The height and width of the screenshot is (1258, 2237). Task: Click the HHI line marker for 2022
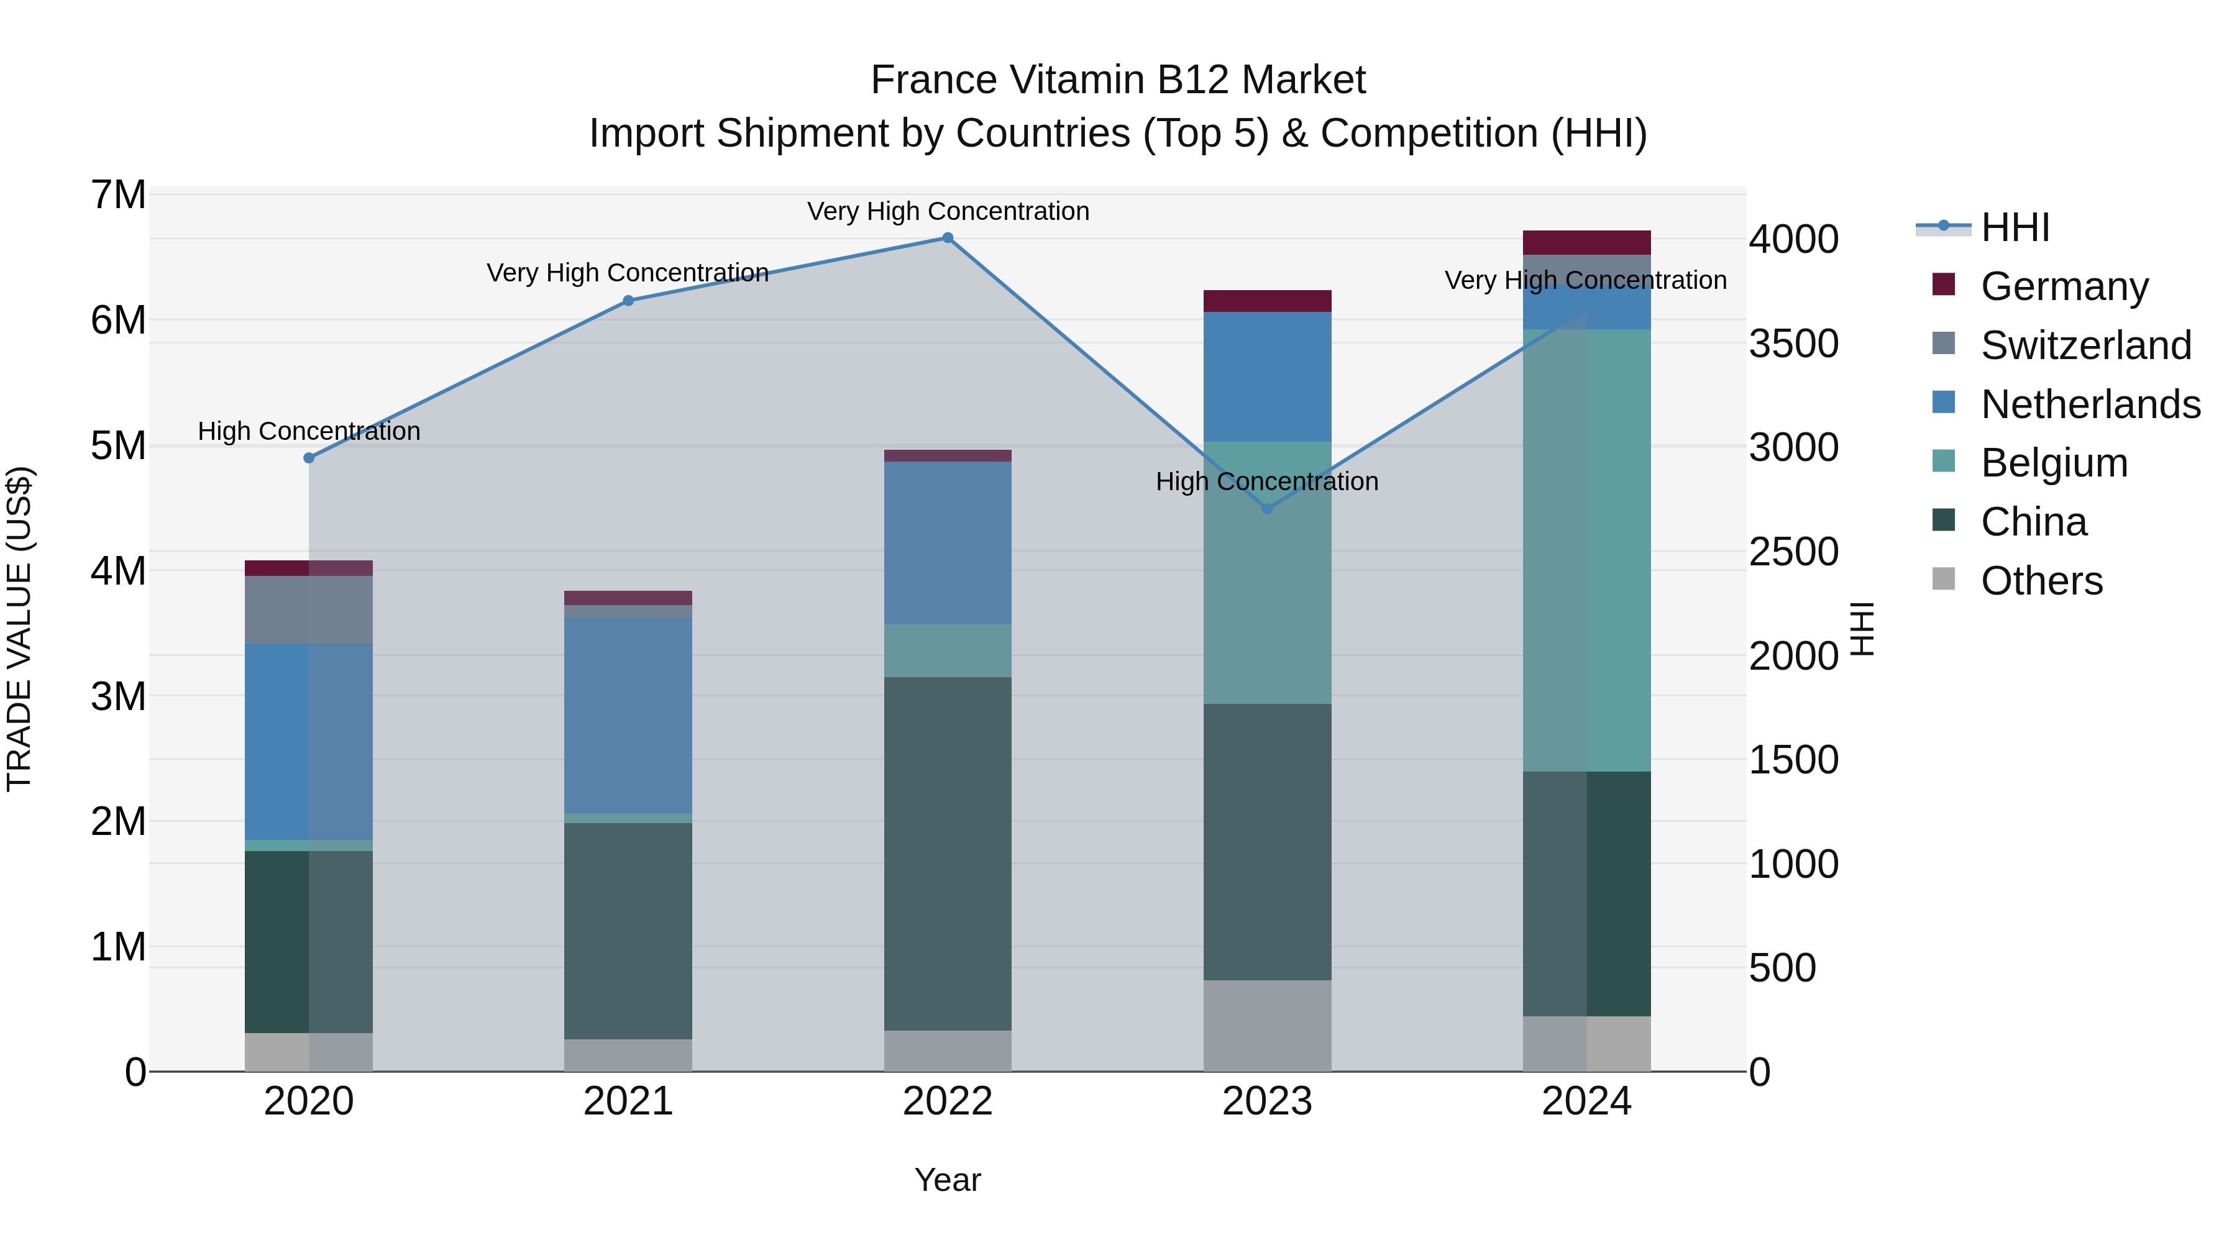pos(948,238)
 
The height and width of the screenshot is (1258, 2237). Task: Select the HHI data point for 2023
pos(1267,509)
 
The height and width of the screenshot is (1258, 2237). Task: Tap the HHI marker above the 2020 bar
pos(309,457)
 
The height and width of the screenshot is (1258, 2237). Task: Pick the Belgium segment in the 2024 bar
pos(1586,550)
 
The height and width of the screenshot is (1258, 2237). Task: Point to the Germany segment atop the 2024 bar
pos(1586,242)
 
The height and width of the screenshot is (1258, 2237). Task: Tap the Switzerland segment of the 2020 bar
pos(309,609)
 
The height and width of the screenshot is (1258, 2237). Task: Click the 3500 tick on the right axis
pos(1793,344)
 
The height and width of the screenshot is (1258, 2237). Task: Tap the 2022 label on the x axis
pos(948,1101)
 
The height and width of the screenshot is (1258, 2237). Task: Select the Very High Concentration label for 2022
pos(948,211)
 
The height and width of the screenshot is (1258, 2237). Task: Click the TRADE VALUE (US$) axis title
pos(19,629)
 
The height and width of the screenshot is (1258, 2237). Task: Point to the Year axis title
pos(948,1180)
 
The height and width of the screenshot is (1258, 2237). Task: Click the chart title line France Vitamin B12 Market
pos(1118,80)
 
